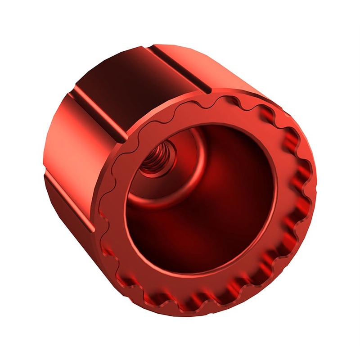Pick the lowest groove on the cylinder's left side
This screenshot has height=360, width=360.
(x=67, y=198)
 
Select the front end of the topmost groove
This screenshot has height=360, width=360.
(x=205, y=88)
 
